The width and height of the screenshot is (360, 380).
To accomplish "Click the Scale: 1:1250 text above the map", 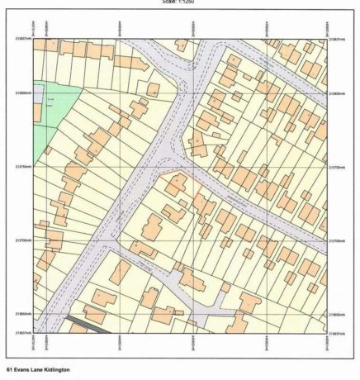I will click(179, 2).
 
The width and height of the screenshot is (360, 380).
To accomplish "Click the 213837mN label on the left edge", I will click(21, 39).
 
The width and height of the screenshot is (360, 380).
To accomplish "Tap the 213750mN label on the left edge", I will click(21, 167).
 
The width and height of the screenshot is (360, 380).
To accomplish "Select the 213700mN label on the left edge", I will click(21, 240).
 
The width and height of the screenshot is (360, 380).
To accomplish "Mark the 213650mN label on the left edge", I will click(21, 314).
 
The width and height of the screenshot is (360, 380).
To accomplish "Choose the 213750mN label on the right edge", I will click(338, 167).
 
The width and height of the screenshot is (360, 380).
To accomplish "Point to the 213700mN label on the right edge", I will click(338, 240).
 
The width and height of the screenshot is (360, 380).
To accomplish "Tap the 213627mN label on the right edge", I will click(338, 333).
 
